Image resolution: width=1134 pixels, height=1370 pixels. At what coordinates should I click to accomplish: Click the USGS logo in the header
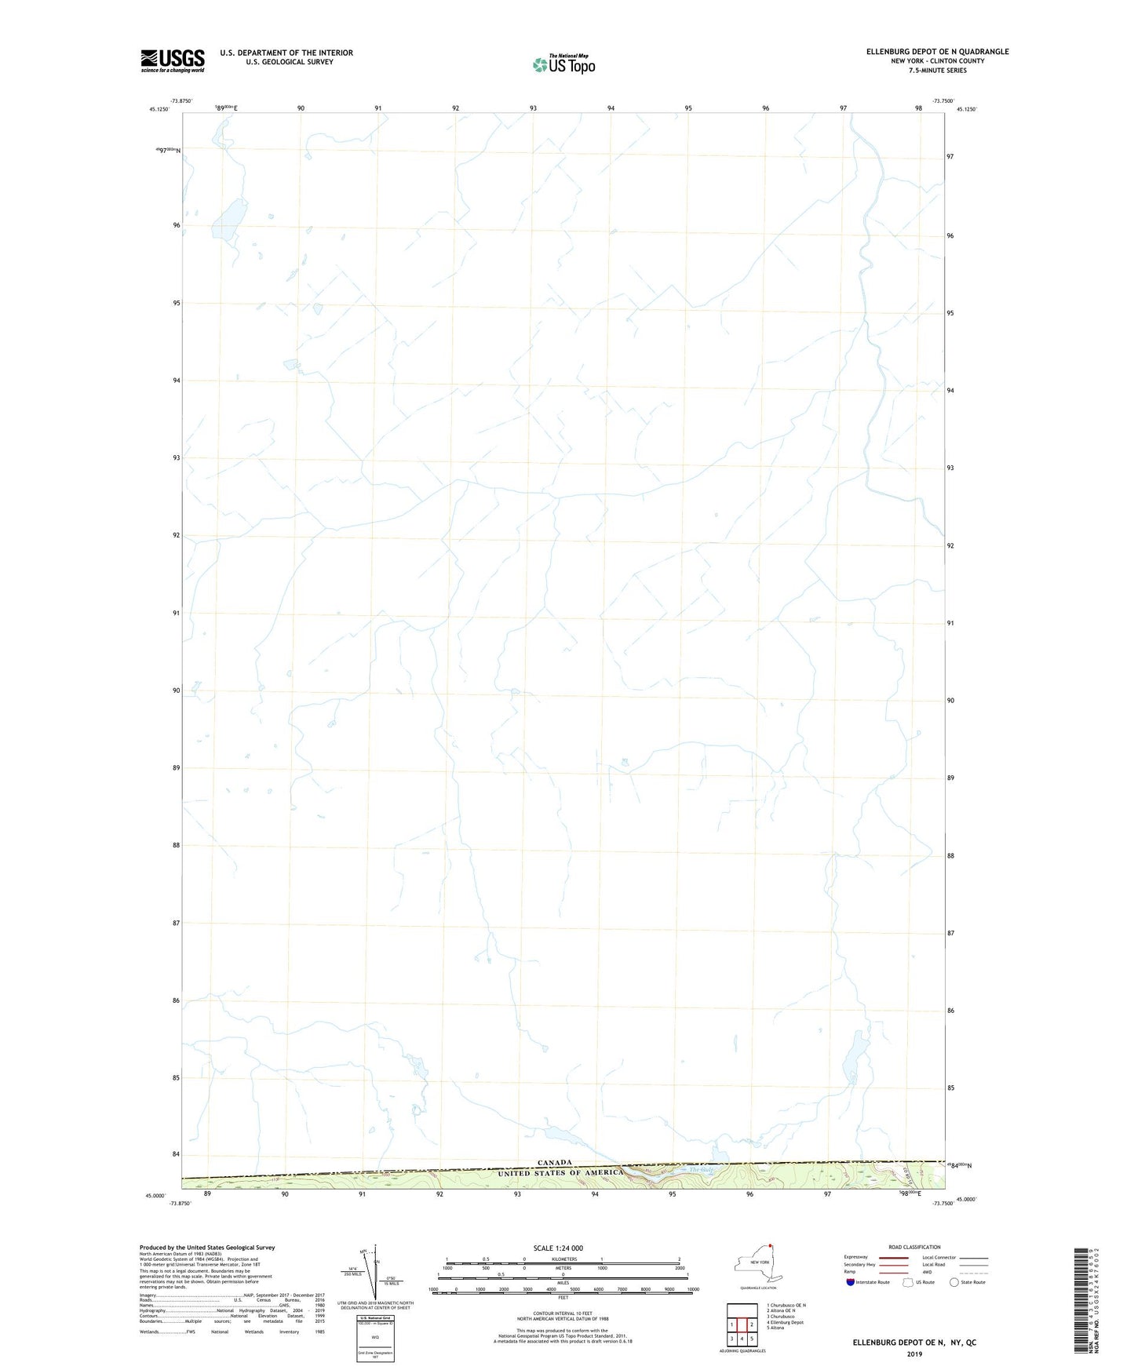coord(173,60)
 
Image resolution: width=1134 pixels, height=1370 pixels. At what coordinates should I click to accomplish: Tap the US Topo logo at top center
coord(563,64)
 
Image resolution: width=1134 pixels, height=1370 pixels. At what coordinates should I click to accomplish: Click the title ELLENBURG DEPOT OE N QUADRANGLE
coord(937,52)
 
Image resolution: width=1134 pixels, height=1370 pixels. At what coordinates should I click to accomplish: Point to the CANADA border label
coord(555,1162)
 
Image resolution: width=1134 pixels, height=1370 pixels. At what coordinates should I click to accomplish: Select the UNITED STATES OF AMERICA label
coord(560,1172)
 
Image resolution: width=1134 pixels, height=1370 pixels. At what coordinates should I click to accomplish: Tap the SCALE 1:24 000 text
coord(558,1248)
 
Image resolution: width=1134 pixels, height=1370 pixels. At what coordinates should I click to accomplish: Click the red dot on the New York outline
coord(771,1244)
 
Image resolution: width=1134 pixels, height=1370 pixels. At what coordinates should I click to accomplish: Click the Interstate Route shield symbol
coord(851,1282)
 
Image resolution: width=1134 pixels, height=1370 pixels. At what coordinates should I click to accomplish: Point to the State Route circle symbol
coord(954,1282)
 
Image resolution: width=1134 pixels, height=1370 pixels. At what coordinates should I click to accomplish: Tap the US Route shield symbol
coord(908,1282)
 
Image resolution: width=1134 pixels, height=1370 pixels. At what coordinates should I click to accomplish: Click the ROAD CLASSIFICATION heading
coord(914,1247)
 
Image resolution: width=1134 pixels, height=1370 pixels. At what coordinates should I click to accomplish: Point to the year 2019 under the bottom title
coord(914,1354)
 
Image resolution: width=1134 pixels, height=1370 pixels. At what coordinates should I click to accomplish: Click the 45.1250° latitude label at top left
coord(159,110)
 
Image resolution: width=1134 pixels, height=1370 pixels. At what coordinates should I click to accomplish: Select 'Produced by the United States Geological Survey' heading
coord(207,1247)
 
